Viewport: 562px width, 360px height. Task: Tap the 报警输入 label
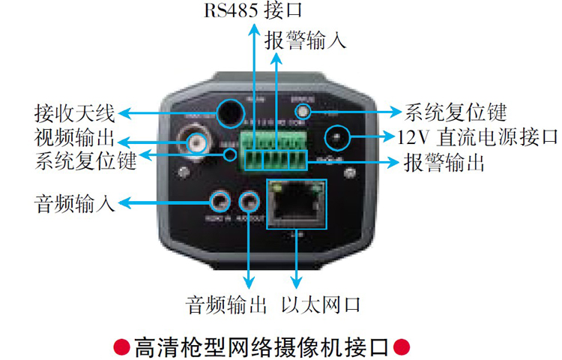(306, 40)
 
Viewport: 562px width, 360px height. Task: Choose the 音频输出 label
(227, 305)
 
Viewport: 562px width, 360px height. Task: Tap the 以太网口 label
(321, 305)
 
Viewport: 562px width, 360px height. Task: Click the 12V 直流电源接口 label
(477, 137)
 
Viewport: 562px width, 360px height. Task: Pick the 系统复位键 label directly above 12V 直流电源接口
(456, 112)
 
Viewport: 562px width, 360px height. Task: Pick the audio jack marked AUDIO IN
(219, 201)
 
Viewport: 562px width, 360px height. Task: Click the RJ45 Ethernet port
(297, 203)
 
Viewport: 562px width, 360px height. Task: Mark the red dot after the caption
(402, 346)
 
